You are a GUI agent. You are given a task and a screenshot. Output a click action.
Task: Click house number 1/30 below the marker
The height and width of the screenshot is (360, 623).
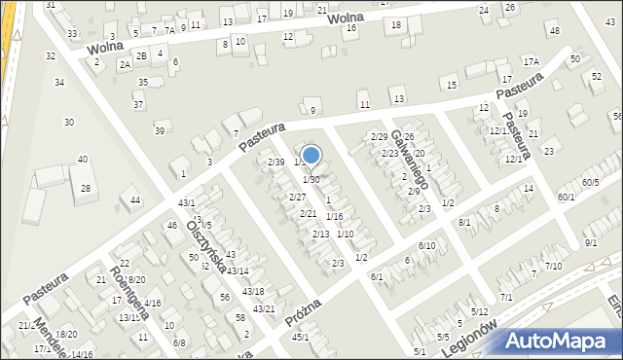(311, 179)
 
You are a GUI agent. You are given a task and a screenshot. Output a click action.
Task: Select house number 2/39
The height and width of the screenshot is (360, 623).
(275, 162)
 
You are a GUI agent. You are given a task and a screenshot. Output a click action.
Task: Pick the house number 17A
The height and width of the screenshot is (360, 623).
(531, 61)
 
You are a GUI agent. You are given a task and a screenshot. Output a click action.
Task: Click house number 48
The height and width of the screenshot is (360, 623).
(555, 31)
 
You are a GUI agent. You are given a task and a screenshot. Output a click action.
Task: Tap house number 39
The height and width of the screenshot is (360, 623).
(160, 130)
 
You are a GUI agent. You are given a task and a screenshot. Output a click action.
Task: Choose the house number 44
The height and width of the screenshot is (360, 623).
(135, 199)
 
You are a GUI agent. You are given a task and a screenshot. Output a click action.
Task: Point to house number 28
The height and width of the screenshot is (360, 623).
(86, 188)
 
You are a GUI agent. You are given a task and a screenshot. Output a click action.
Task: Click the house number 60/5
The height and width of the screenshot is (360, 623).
(591, 182)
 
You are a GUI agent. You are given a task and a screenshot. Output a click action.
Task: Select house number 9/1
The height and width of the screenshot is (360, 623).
(591, 242)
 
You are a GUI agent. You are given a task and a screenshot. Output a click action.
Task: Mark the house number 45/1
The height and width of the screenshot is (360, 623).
(301, 337)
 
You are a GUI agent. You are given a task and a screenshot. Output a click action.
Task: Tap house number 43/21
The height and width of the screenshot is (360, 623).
(264, 308)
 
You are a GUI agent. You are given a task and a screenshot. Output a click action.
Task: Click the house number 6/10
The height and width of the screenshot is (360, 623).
(426, 245)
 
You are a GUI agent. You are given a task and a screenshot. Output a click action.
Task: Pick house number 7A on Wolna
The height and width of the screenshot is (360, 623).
(169, 30)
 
